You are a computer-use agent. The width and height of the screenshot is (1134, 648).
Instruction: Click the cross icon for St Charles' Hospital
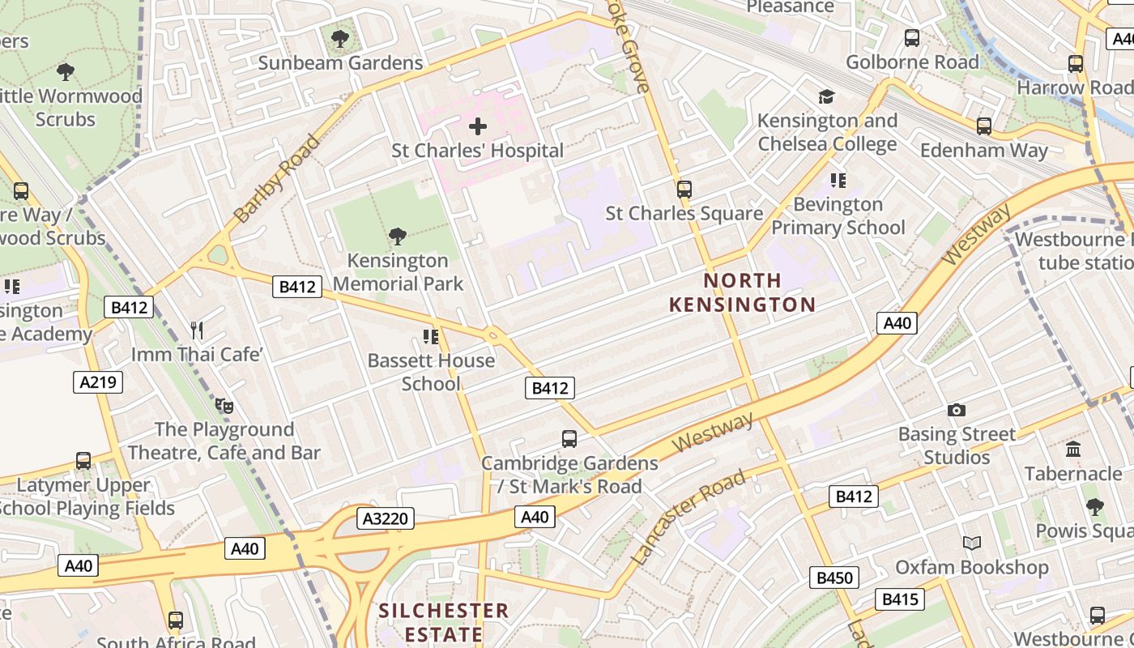coord(478,126)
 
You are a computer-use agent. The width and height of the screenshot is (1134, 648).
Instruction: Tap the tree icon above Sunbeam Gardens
coord(340,38)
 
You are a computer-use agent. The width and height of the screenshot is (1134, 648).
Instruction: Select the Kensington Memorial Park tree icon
coord(397,237)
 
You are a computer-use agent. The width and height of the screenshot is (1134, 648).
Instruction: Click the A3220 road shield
coord(386,518)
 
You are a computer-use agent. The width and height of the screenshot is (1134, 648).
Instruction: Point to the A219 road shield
coord(99,382)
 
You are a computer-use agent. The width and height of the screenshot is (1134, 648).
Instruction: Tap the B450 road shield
coord(834,578)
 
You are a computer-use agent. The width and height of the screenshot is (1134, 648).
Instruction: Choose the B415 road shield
coord(899,599)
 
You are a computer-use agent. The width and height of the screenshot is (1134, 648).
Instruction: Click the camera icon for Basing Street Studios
coord(957,410)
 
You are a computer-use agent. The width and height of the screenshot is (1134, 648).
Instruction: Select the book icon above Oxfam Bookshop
coord(972,543)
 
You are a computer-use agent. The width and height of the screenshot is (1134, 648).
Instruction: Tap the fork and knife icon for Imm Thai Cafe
coord(196,330)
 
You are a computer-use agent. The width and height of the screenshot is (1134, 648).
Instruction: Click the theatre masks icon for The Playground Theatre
coord(224,405)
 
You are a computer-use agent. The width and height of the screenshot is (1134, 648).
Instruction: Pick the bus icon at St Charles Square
coord(684,190)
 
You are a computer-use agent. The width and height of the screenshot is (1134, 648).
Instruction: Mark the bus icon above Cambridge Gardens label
coord(569,439)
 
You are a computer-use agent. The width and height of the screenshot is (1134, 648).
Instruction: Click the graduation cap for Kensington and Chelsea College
coord(826,97)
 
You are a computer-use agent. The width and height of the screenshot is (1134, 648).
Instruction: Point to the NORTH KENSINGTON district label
coord(742,292)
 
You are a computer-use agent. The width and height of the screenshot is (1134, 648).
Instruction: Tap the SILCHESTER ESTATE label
coord(443,621)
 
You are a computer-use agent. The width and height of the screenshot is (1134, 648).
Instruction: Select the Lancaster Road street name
coord(688,517)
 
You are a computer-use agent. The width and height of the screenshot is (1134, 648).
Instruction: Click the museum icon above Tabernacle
coord(1073,449)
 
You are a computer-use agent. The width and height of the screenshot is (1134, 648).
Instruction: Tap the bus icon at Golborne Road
coord(912,37)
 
